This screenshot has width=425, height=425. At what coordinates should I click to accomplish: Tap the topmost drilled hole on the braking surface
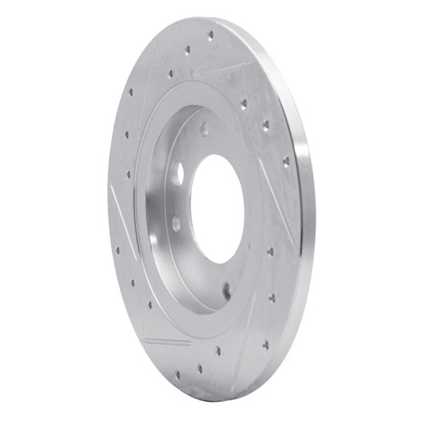pos(211,36)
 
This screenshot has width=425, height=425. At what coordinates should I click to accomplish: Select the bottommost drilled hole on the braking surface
pos(201,369)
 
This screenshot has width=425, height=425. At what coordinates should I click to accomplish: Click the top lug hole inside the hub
pos(204,129)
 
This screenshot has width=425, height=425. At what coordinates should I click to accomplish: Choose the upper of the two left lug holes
pos(178,173)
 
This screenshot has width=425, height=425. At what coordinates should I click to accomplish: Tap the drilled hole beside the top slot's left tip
pos(171,73)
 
